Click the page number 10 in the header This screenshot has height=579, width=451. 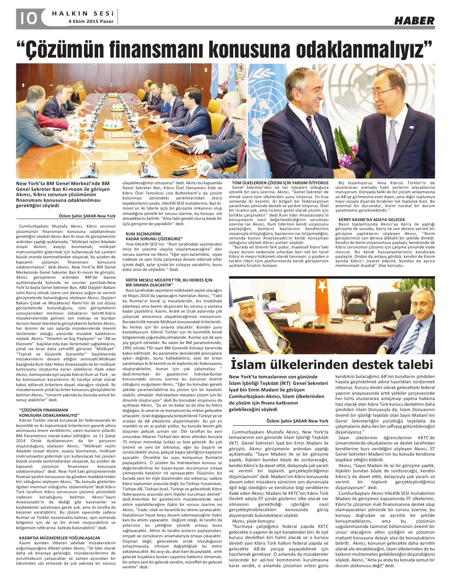27,18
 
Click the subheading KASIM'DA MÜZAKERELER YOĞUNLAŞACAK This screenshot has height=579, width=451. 60,538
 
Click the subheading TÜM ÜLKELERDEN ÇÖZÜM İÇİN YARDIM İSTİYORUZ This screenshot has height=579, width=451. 280,183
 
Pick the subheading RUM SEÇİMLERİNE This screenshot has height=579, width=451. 143,234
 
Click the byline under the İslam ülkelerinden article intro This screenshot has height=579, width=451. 297,421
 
